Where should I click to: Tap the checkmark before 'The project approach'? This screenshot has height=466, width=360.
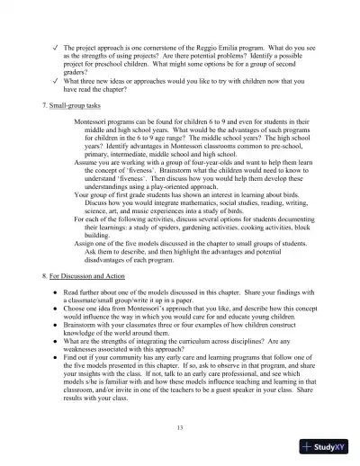point(55,44)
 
